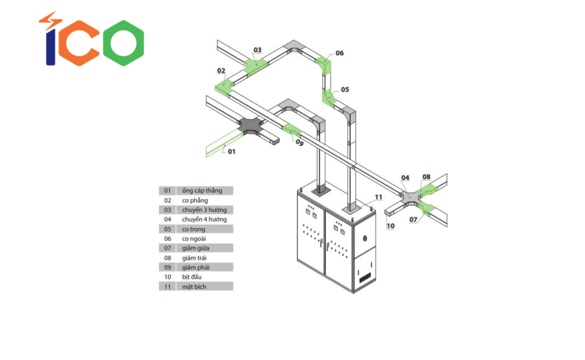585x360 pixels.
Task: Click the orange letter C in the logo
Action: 78,43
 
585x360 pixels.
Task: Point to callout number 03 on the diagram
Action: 258,50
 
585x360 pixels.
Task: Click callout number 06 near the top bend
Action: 339,53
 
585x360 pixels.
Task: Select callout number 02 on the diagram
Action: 221,71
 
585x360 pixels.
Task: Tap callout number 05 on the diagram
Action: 345,90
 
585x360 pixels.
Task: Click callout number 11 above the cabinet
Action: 379,197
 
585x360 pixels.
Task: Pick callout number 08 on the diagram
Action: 426,177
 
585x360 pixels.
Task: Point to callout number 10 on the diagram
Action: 391,226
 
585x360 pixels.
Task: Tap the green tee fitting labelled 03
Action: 256,65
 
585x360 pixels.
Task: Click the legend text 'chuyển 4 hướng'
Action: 204,220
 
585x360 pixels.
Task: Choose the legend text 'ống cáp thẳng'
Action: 202,191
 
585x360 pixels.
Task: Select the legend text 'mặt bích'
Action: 194,287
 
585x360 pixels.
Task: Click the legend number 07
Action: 167,249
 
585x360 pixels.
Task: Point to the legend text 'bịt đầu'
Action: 192,277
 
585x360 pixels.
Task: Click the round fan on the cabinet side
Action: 365,238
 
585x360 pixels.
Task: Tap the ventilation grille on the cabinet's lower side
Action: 364,277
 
